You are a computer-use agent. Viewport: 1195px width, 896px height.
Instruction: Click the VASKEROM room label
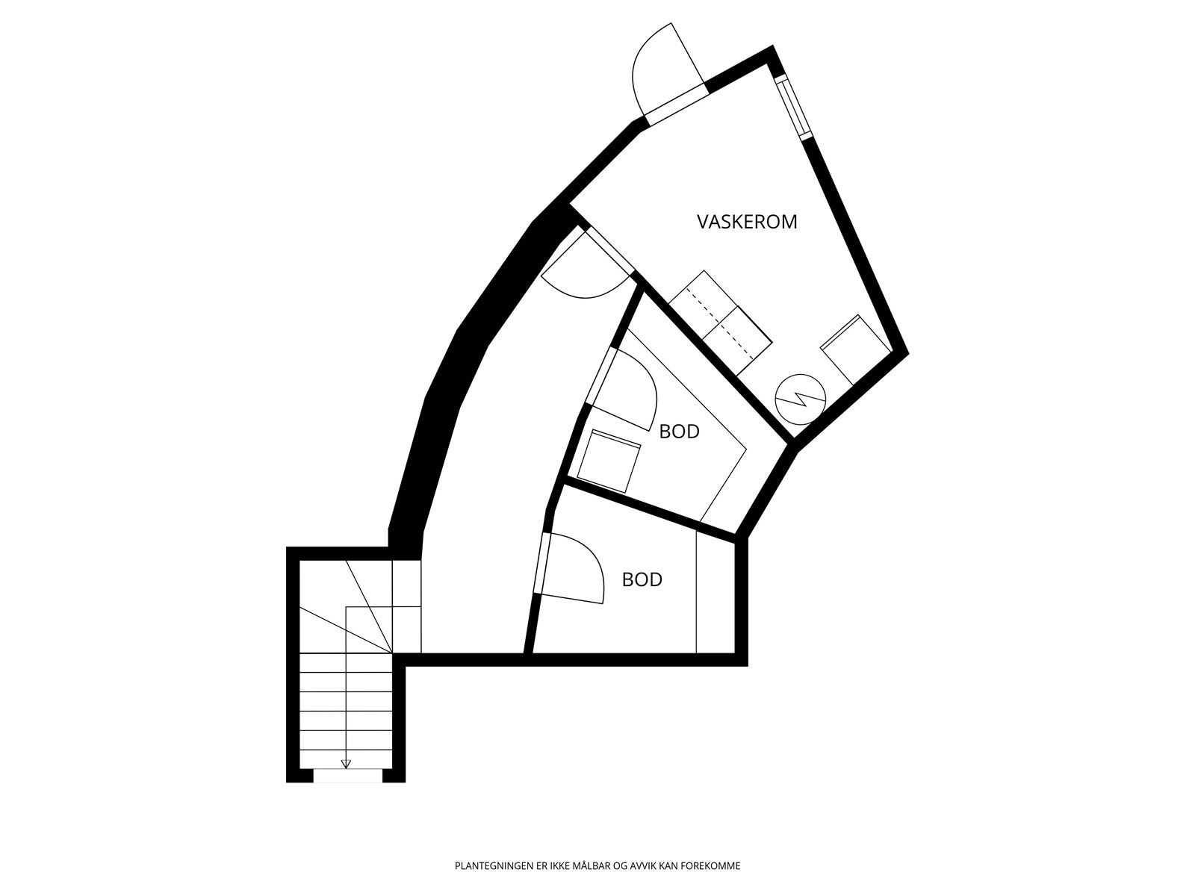click(747, 222)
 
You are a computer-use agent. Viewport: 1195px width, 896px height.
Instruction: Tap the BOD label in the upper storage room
click(679, 432)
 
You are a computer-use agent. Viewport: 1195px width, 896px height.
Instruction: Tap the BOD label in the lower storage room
click(642, 579)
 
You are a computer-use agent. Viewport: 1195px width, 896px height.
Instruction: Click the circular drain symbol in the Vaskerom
click(800, 399)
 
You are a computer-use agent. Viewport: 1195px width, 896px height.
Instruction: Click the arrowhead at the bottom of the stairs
click(345, 763)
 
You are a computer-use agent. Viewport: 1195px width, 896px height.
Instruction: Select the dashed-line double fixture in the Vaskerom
click(720, 322)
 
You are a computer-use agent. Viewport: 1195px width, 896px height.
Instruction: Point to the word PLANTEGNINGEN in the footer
click(489, 867)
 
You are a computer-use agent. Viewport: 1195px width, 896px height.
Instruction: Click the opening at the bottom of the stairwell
click(347, 777)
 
